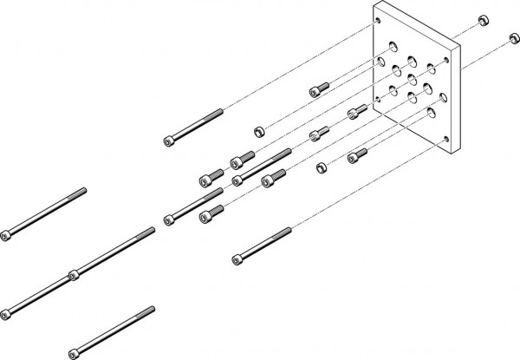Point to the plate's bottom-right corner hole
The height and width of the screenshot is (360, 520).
click(446, 140)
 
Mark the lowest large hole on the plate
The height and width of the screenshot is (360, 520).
click(431, 112)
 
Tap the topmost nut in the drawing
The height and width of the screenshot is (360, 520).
click(481, 19)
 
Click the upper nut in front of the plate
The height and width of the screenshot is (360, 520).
click(257, 132)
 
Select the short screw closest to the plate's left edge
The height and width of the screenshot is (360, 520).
click(353, 113)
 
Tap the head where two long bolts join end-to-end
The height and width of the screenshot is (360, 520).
click(75, 277)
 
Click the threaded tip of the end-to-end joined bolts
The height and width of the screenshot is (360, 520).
click(152, 230)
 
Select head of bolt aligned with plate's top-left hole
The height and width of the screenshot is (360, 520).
click(167, 141)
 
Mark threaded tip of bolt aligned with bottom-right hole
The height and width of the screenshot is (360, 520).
click(287, 231)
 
